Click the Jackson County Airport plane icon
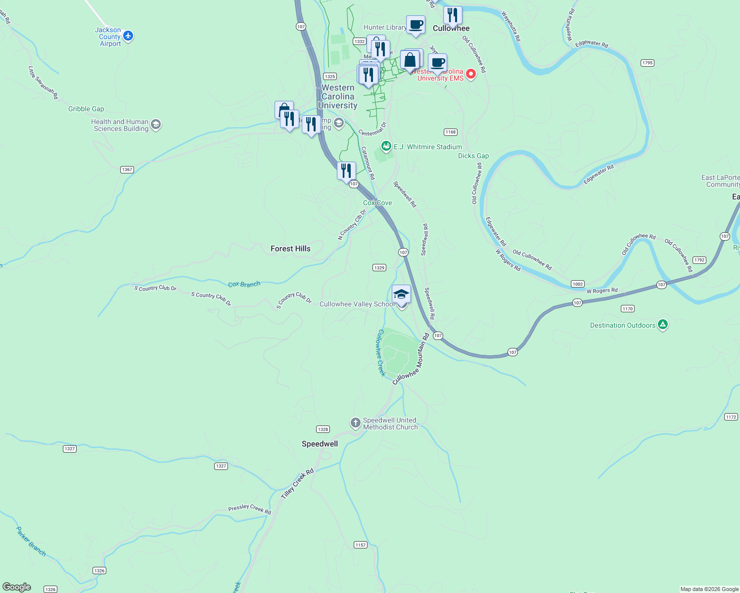[129, 36]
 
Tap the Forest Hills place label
[290, 249]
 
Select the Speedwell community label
[320, 444]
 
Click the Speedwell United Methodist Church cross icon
[355, 423]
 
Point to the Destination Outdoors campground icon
[663, 325]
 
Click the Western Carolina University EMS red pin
[471, 74]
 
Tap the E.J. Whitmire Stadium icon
[386, 146]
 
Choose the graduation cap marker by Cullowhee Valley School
[401, 294]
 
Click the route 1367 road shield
[127, 169]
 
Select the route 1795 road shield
[647, 63]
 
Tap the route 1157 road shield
[361, 545]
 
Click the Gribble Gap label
[86, 109]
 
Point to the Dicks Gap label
[473, 156]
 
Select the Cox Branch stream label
[244, 284]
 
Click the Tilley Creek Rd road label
[297, 483]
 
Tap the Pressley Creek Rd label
[250, 509]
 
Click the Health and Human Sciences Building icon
[156, 125]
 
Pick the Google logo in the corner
[17, 587]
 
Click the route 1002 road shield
[578, 284]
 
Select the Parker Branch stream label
[31, 542]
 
